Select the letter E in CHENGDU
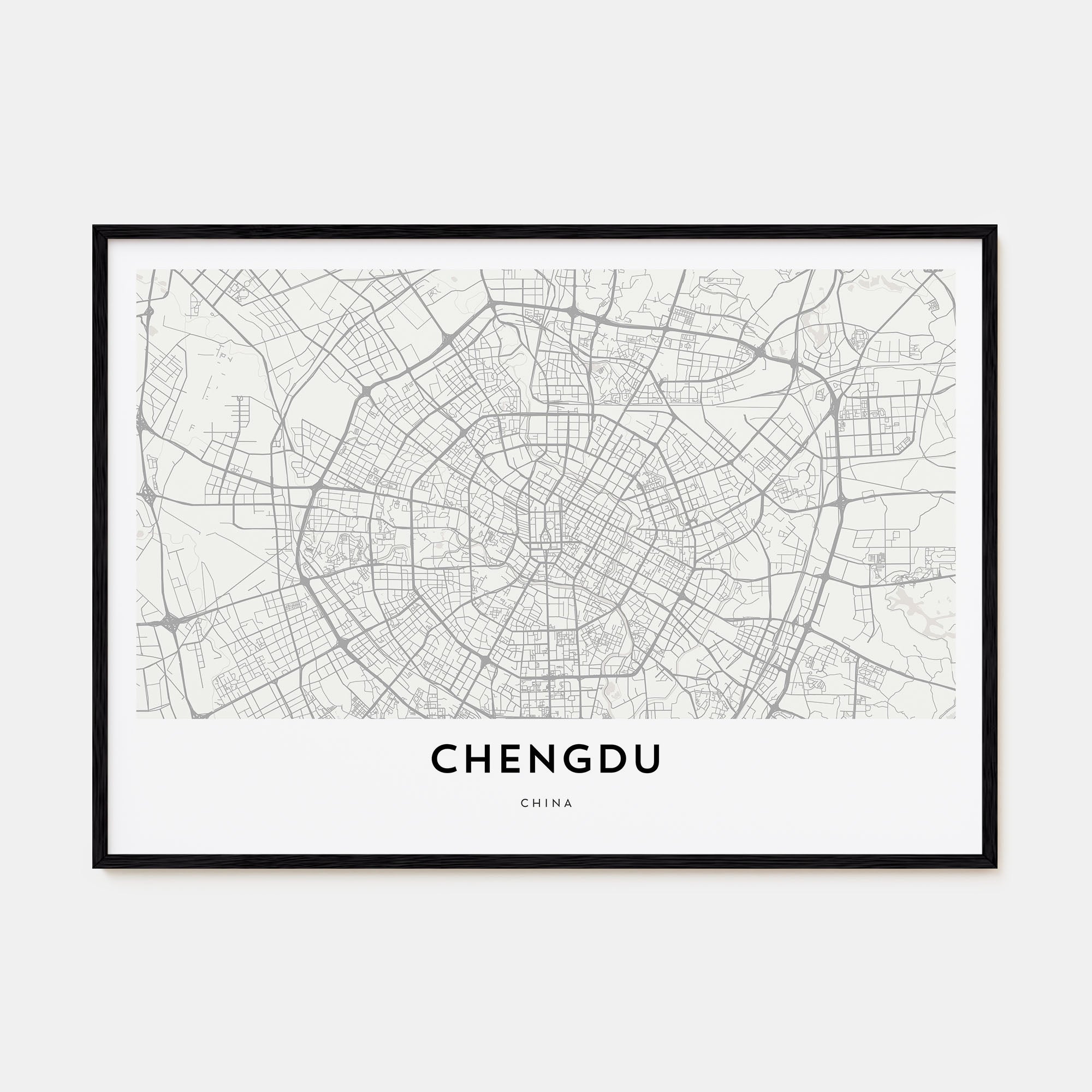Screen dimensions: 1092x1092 tap(511, 758)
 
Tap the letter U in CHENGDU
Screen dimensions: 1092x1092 tap(648, 758)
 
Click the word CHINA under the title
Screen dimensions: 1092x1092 tap(547, 803)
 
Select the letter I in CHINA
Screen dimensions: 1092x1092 tap(547, 803)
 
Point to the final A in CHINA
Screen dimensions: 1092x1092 tap(568, 803)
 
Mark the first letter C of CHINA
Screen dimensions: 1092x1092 tap(525, 803)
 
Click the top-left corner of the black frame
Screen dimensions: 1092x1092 tap(94, 227)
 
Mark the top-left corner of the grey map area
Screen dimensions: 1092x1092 tap(137, 270)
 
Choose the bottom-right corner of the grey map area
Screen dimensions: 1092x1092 tap(955, 718)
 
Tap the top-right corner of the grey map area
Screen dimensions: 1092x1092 tap(955, 270)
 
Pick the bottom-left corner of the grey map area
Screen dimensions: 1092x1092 tap(137, 718)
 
